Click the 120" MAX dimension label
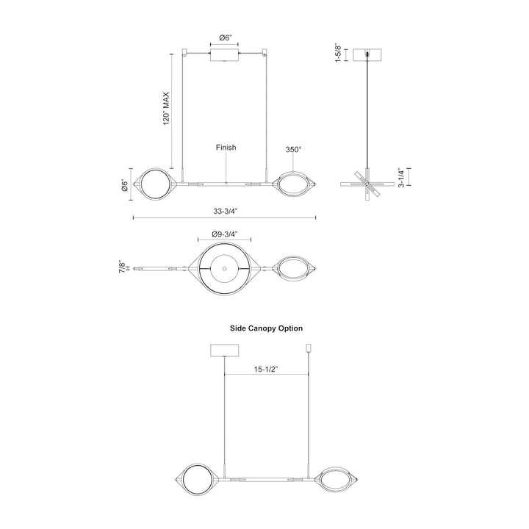(166, 109)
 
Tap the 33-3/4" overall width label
(226, 212)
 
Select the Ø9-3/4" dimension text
(225, 234)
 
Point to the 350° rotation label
(293, 149)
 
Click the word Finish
(226, 148)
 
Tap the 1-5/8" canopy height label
(339, 53)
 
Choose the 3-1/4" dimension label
(401, 178)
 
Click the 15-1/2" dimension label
(265, 370)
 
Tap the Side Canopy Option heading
(266, 328)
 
